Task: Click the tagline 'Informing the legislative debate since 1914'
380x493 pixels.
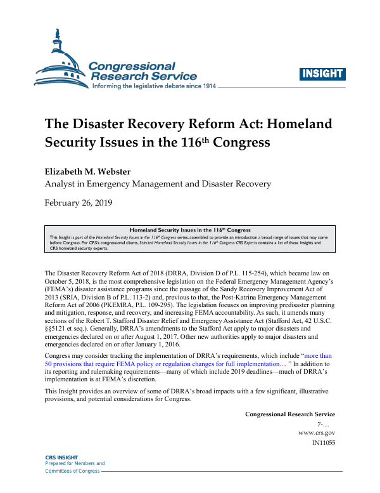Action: tap(155, 86)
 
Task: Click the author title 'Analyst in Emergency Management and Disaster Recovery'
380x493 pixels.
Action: tap(158, 185)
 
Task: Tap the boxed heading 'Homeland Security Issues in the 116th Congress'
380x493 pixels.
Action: tap(190, 230)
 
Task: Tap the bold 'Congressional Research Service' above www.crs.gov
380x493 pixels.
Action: tap(289, 414)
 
